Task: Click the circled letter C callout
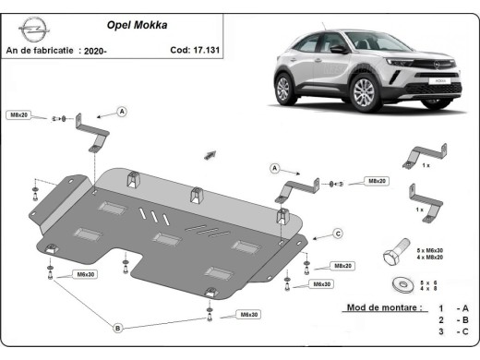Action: coord(339,233)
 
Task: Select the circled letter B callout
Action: coord(118,327)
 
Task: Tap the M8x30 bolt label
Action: coord(246,315)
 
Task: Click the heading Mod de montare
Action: coord(383,306)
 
